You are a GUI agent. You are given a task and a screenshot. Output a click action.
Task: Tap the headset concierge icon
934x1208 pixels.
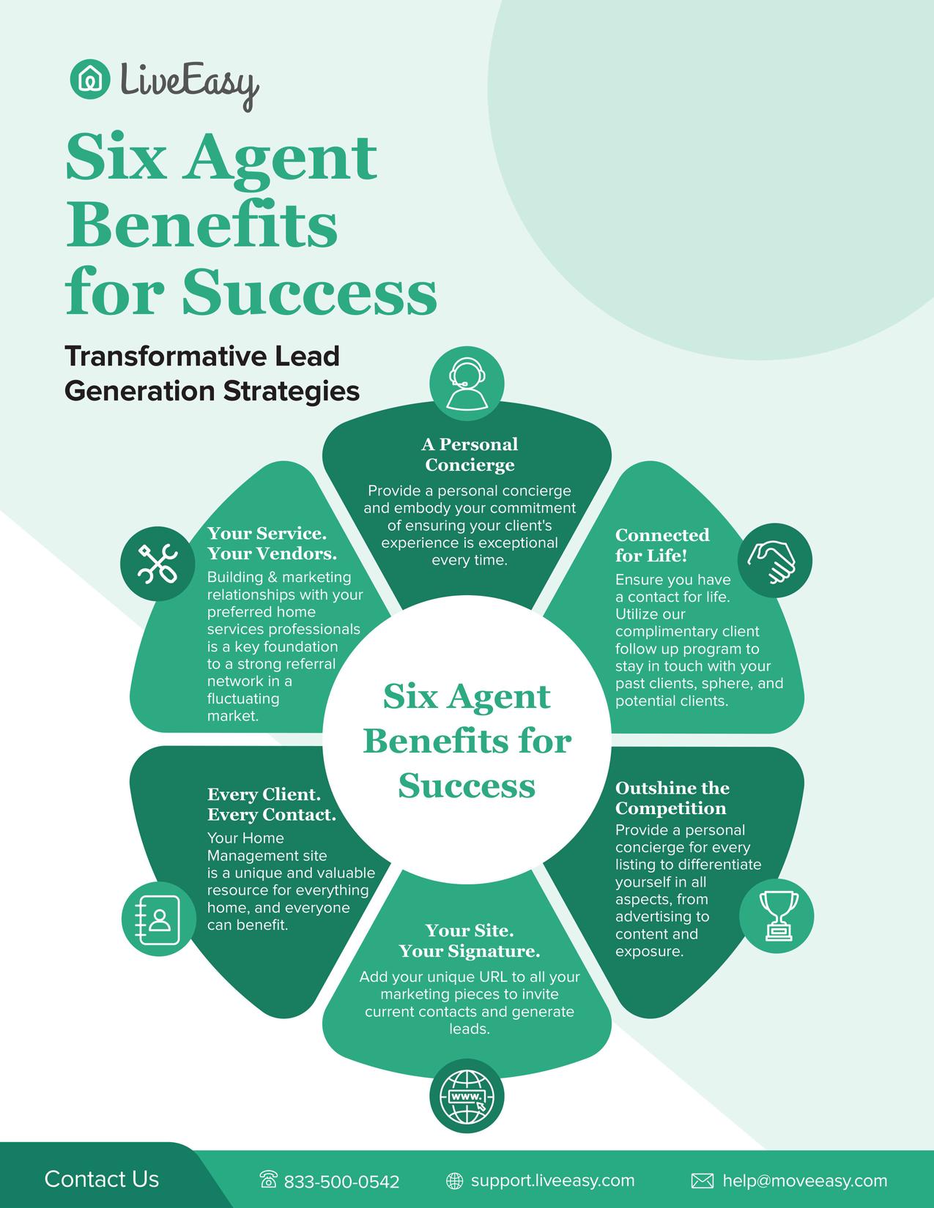[467, 384]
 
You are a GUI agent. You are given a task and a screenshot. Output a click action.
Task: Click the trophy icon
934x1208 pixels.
[776, 915]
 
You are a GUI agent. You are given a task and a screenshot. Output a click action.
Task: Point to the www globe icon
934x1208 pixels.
[467, 1097]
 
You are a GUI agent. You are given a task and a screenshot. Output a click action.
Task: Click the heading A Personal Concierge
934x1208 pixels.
[470, 455]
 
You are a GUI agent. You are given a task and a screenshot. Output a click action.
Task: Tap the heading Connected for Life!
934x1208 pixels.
[662, 545]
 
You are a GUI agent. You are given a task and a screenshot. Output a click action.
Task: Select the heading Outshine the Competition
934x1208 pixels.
[672, 798]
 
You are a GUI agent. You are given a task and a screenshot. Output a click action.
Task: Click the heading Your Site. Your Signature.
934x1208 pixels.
[470, 941]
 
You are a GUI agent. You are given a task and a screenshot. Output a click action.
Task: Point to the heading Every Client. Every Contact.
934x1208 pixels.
[272, 805]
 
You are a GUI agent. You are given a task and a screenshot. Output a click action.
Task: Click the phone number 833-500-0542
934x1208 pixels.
[341, 1182]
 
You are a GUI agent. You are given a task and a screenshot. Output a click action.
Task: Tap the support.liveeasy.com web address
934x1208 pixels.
[552, 1180]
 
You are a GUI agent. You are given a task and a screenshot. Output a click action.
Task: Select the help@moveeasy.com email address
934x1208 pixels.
[804, 1181]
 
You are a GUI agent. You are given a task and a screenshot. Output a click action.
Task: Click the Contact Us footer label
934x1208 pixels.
[101, 1179]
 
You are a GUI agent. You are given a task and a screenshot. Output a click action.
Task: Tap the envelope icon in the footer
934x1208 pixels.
[702, 1181]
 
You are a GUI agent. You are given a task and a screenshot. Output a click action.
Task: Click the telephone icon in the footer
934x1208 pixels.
[269, 1180]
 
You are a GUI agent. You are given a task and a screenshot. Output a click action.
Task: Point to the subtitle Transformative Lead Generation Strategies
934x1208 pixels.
[212, 373]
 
